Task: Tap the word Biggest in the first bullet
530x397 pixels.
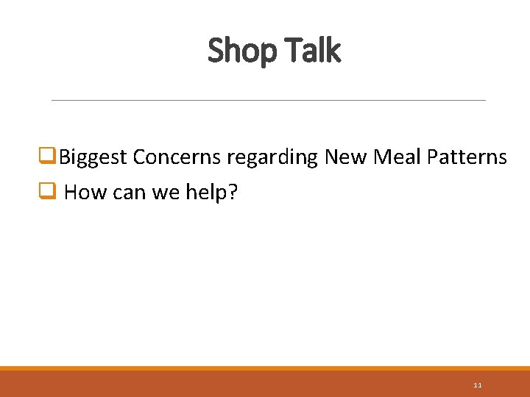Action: [x=93, y=157]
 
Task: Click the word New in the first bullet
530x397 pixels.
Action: [x=344, y=157]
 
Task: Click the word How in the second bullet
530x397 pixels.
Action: [x=82, y=193]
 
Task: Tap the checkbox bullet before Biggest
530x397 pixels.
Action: [x=51, y=157]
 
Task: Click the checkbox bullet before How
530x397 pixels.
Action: [x=51, y=192]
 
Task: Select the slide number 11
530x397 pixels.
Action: [x=478, y=385]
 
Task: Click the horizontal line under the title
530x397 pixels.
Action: [x=269, y=100]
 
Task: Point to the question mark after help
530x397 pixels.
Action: [x=233, y=193]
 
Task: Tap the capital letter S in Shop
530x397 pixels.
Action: [x=216, y=51]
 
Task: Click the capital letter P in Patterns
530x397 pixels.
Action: [x=433, y=157]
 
